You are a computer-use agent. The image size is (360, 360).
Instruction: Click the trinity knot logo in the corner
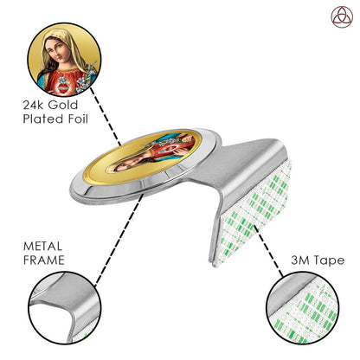click(x=342, y=16)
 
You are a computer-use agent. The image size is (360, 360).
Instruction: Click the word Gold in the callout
click(x=63, y=105)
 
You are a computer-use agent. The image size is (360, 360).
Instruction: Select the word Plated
click(x=43, y=119)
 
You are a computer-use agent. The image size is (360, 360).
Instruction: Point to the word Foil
click(x=78, y=119)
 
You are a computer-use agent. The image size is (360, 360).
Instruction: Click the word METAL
click(x=42, y=247)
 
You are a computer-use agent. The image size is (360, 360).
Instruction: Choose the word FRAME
click(x=44, y=260)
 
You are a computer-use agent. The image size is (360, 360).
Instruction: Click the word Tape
click(x=329, y=260)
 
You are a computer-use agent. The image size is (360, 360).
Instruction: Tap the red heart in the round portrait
click(x=62, y=87)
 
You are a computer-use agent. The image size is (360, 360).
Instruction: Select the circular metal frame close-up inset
click(x=65, y=307)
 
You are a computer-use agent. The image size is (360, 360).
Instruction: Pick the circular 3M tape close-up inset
click(x=302, y=307)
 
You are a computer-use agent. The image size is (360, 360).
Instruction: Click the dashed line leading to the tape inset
click(x=268, y=250)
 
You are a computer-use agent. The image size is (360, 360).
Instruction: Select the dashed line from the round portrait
click(x=106, y=116)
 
